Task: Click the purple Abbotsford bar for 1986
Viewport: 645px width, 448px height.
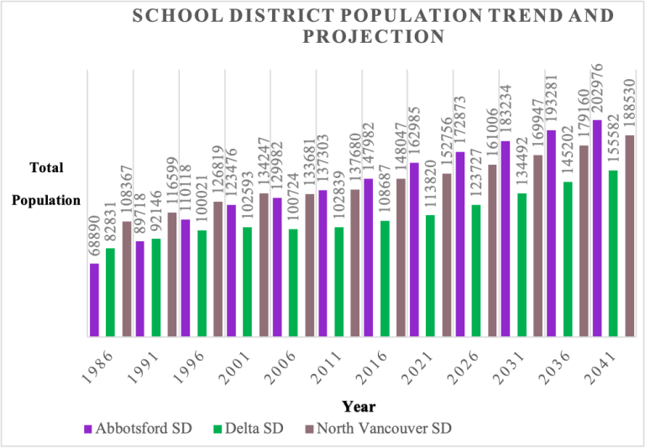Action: point(94,300)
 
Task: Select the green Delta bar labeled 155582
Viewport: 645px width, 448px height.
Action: point(613,253)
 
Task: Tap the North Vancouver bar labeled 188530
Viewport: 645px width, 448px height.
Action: point(629,235)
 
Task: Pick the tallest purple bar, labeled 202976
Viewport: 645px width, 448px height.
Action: point(597,228)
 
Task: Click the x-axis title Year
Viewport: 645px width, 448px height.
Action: point(359,407)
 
